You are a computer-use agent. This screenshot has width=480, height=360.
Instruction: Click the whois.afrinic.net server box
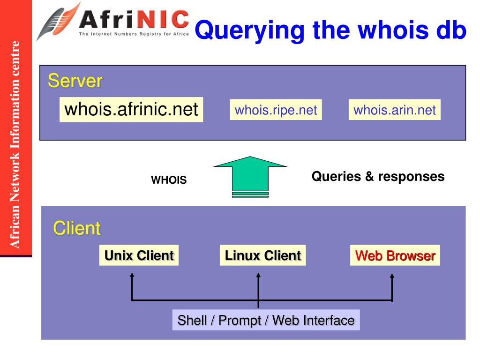[x=131, y=110]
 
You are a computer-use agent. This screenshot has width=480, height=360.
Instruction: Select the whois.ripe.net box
[x=276, y=110]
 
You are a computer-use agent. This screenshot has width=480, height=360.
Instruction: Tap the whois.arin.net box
[x=394, y=110]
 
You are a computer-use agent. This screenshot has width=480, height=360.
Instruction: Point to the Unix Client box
[x=139, y=255]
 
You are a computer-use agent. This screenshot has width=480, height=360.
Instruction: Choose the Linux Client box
[x=262, y=255]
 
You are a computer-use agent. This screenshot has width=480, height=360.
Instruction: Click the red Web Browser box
[x=395, y=255]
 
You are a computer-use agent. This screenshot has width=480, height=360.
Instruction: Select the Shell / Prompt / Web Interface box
[x=266, y=320]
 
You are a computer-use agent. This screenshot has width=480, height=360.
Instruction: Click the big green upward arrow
[x=250, y=176]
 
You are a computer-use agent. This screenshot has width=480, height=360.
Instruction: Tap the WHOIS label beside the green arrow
[x=169, y=180]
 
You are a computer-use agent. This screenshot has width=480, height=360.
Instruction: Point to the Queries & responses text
[x=378, y=176]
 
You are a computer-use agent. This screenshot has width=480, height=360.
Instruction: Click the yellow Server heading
[x=75, y=81]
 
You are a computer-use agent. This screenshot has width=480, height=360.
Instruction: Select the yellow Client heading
[x=77, y=229]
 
